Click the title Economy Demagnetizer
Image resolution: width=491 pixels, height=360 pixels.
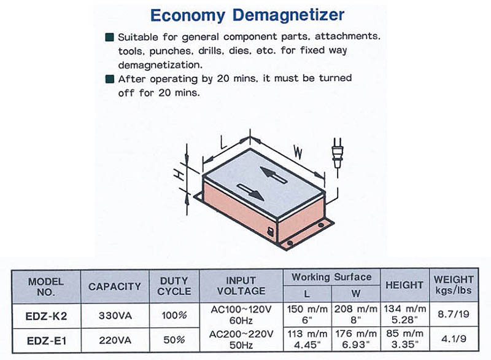pos(247,15)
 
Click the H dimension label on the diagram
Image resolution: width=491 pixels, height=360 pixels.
pos(179,175)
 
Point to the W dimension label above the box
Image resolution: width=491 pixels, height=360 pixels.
pos(298,152)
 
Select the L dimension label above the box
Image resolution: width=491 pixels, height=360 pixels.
pos(223,142)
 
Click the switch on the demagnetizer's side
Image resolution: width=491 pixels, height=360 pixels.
pos(270,232)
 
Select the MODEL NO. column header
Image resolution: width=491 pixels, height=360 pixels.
pos(45,287)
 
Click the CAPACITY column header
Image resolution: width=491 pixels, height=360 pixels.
pos(114,286)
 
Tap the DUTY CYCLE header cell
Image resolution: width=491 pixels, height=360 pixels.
pos(174,286)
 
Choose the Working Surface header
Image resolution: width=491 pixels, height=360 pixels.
pos(331,277)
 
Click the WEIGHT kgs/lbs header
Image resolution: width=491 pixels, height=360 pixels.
pos(454,285)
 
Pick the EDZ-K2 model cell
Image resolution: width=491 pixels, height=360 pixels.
pos(46,316)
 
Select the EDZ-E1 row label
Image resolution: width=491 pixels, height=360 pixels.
pos(47,340)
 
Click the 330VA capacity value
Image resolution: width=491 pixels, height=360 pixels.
pos(115,316)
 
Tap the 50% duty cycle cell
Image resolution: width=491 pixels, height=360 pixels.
pos(174,340)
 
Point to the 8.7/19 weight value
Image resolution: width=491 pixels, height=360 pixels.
pos(454,314)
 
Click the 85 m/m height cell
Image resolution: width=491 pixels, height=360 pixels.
pos(404,338)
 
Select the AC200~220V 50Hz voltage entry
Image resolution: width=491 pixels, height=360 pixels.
pos(241,339)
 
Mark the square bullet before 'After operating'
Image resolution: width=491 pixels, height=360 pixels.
pos(110,79)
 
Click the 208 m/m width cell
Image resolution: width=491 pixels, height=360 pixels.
pos(356,315)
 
